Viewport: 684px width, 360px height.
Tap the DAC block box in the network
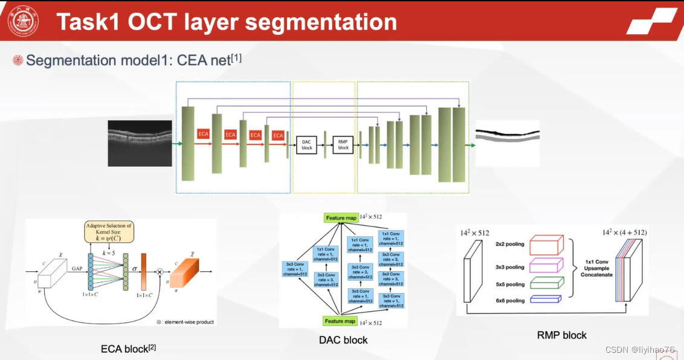click(306, 144)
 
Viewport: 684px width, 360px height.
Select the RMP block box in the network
click(343, 144)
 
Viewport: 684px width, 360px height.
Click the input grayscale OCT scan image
click(140, 143)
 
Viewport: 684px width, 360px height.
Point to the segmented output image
click(507, 143)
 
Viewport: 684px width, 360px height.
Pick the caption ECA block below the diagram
click(128, 349)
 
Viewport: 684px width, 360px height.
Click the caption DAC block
click(343, 340)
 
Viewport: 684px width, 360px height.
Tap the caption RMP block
click(561, 335)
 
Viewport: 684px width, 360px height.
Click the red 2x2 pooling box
click(546, 245)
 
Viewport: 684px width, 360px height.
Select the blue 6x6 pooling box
click(544, 299)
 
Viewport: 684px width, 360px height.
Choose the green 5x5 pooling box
click(546, 283)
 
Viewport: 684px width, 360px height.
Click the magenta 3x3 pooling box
click(546, 265)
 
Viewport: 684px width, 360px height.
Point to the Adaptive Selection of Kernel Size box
click(109, 232)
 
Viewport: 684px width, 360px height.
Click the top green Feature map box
click(341, 218)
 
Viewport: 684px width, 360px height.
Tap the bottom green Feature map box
click(341, 321)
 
